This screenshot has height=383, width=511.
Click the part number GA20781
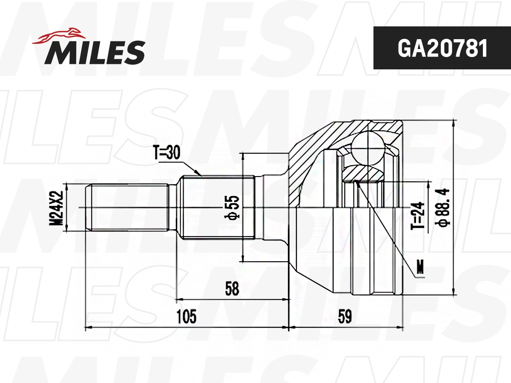tap(442, 49)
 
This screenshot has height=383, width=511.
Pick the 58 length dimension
tap(233, 289)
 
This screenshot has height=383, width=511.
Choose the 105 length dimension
tap(187, 317)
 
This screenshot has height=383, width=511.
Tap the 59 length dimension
tap(345, 317)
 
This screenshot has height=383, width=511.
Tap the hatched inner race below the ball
tap(362, 173)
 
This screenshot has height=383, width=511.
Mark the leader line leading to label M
tap(385, 226)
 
